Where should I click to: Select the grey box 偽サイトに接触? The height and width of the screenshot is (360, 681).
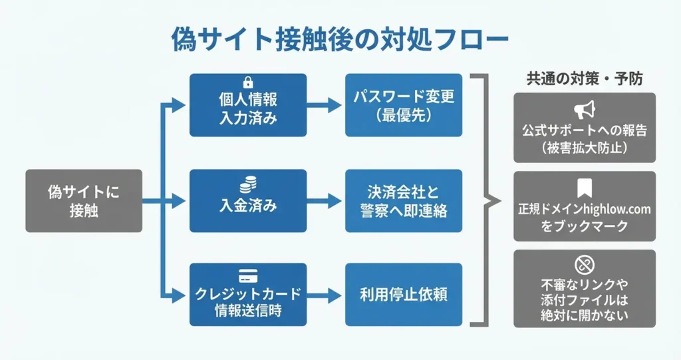pos(84,201)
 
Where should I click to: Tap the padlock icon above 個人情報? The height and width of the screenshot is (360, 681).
pos(248,83)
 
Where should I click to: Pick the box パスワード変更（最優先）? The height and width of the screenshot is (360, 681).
pos(404,105)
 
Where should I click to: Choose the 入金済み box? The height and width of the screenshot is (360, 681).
pos(248,201)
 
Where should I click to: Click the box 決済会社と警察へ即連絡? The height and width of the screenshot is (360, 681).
pos(404,201)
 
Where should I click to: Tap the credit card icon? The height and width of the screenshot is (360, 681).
pos(248,275)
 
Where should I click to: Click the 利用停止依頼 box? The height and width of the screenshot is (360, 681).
pos(404,295)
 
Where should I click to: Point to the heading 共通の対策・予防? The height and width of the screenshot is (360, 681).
pos(585,79)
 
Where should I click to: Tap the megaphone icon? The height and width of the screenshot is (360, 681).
pos(585,110)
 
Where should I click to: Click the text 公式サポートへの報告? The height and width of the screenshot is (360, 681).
pos(585,130)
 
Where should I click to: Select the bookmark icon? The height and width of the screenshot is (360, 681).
pos(585,188)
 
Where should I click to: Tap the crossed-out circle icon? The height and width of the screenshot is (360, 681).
pos(585,265)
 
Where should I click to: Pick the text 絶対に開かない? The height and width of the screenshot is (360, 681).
pos(585,315)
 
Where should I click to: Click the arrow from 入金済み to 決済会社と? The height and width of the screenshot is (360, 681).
pos(326,201)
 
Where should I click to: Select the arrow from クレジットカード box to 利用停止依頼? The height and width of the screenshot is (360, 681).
pos(326,295)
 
